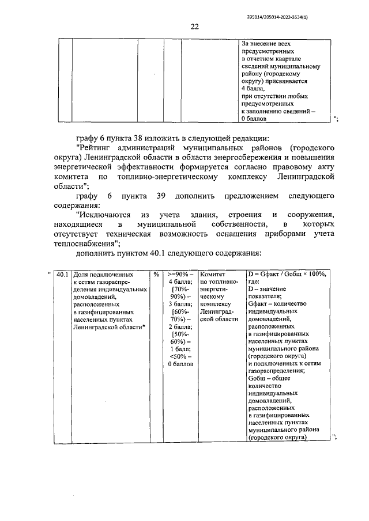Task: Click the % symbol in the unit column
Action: coord(156,275)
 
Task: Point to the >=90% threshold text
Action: coord(180,275)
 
